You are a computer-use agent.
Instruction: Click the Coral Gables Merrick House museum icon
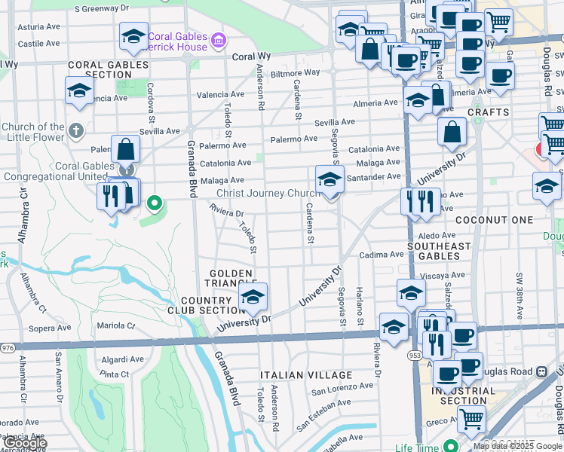(218, 38)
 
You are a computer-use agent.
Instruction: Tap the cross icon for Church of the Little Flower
(75, 131)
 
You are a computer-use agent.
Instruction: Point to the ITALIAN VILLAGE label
(306, 375)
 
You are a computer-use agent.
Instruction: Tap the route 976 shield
(8, 347)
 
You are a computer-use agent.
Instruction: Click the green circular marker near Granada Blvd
(155, 202)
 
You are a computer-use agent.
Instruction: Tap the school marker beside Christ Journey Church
(330, 181)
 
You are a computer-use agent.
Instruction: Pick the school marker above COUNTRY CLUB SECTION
(253, 297)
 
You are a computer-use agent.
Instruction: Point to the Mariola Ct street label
(115, 326)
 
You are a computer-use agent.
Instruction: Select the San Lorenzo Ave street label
(342, 388)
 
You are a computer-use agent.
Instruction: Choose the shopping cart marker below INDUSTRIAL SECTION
(472, 418)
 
